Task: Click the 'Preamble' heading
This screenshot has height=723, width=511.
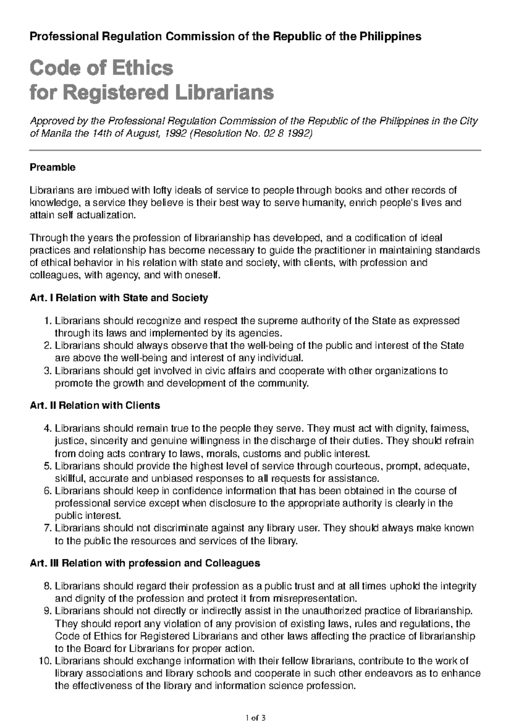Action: (x=52, y=168)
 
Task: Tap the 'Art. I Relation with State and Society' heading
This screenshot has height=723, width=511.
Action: (x=119, y=298)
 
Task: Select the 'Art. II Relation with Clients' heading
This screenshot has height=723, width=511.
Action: (x=95, y=405)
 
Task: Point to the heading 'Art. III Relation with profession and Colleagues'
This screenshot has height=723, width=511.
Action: (x=145, y=563)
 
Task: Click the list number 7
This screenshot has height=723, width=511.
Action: (x=47, y=528)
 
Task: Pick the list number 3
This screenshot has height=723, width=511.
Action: (x=47, y=371)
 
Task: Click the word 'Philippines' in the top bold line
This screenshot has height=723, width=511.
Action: (x=390, y=37)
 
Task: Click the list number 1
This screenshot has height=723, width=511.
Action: (x=47, y=321)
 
